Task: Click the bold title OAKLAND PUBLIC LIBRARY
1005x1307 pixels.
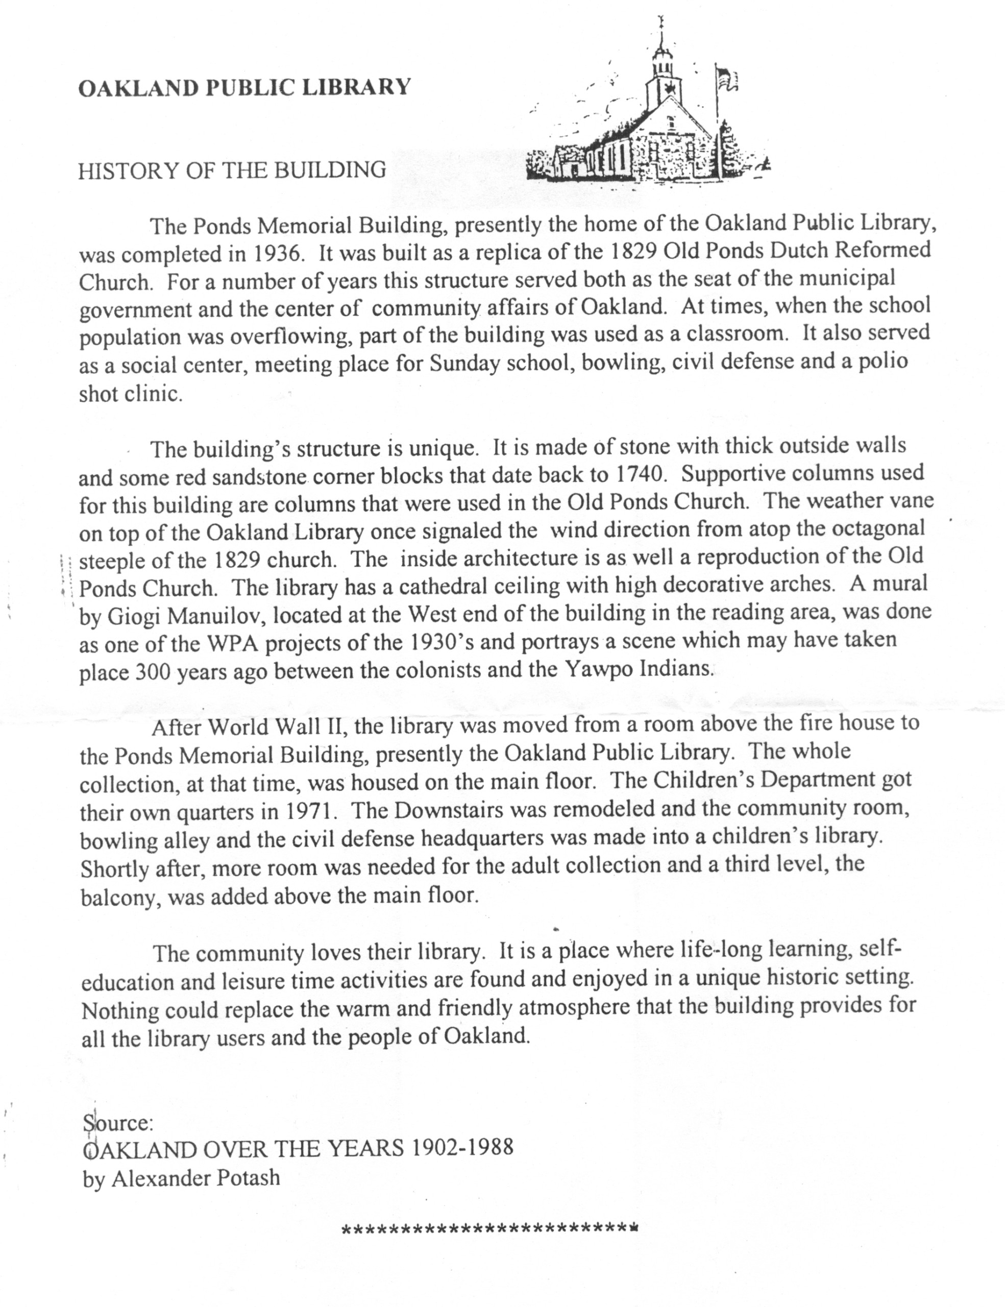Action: click(x=244, y=88)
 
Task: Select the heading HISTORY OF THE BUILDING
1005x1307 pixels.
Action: click(x=232, y=171)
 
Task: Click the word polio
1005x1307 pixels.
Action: click(x=884, y=361)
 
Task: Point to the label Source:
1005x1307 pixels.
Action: click(x=119, y=1123)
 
